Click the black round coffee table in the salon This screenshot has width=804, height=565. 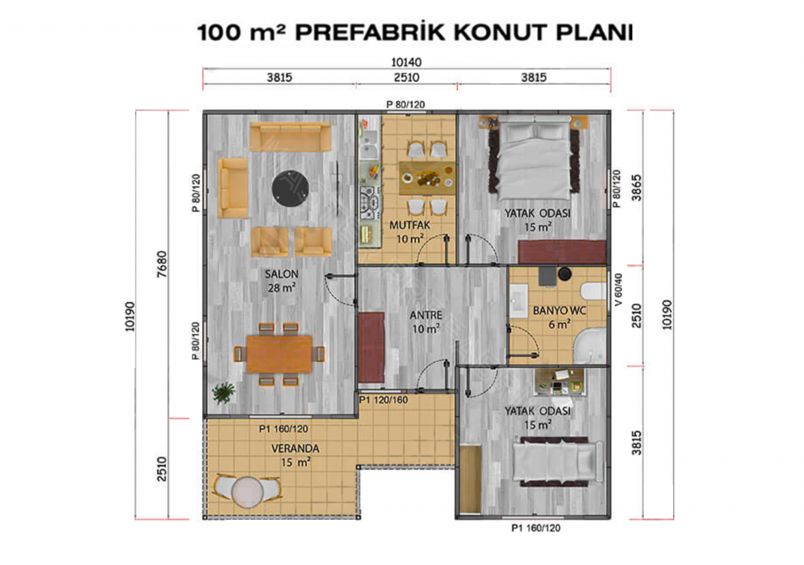pos(291,188)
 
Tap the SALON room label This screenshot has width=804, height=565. pos(282,274)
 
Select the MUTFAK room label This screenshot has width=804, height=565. pos(409,226)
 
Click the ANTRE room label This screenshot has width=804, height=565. pos(426,315)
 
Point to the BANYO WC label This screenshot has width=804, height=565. pos(559,311)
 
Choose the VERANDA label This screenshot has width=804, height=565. pos(295,448)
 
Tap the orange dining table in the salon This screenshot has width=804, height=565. pos(279,354)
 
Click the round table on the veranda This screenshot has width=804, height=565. pos(248,492)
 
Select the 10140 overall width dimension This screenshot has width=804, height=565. pos(407,63)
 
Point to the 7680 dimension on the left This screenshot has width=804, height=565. pos(162,264)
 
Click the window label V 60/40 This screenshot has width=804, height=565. pos(618,290)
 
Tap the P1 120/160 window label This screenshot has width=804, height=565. pos(384,400)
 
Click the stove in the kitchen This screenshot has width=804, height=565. pos(370,203)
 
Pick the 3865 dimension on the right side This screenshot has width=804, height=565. pos(636,188)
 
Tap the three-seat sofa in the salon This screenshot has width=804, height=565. pos(291,137)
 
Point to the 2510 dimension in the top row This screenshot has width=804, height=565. pos(407,78)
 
